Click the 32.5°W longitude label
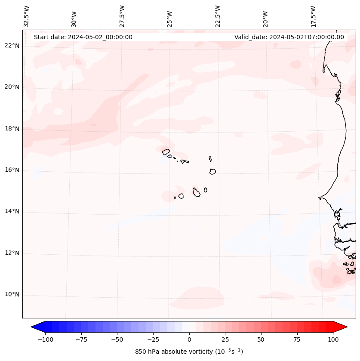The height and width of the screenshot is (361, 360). [27, 16]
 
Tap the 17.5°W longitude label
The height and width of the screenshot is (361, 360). [313, 16]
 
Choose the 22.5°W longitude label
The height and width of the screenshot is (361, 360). [218, 16]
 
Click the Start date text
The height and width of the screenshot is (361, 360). [83, 37]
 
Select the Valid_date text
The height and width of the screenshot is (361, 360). [289, 37]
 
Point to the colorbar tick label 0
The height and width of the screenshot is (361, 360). [189, 339]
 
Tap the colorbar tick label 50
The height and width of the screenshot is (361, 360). [261, 339]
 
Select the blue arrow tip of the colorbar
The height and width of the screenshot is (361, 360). [34, 327]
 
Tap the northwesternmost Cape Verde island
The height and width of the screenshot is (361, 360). [166, 151]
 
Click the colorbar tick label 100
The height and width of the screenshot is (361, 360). [332, 339]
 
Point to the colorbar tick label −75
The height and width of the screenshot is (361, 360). [80, 339]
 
